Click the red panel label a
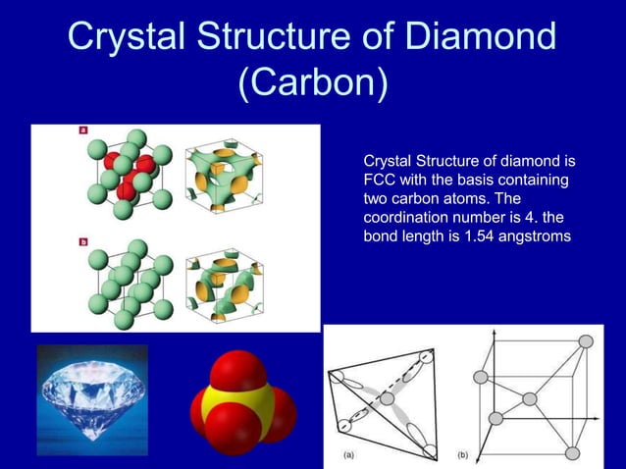[83, 130]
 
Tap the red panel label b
[83, 240]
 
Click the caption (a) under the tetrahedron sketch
[349, 455]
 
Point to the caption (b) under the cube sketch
[464, 455]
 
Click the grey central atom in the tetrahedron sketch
[387, 398]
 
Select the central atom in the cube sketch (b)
[530, 398]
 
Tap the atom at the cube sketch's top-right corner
[586, 341]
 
